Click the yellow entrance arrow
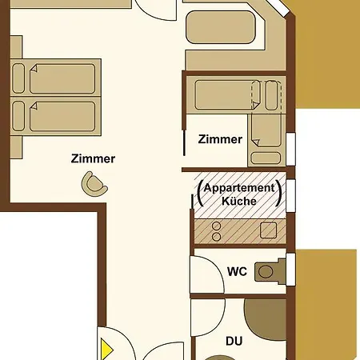coord(106,349)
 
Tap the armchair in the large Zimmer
coord(94,184)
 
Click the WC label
coord(237,271)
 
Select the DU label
coord(234,341)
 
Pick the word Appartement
coord(239,188)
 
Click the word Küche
coord(239,201)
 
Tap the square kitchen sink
coord(268,230)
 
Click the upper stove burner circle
coord(216,226)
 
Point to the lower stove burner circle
coord(216,237)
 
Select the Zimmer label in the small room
coord(220,139)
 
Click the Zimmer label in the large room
coord(93,158)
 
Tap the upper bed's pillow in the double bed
coord(18,78)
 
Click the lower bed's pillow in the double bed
coord(18,116)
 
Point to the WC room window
coord(290,270)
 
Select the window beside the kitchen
coord(290,196)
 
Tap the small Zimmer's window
coord(290,149)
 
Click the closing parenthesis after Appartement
coord(278,193)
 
